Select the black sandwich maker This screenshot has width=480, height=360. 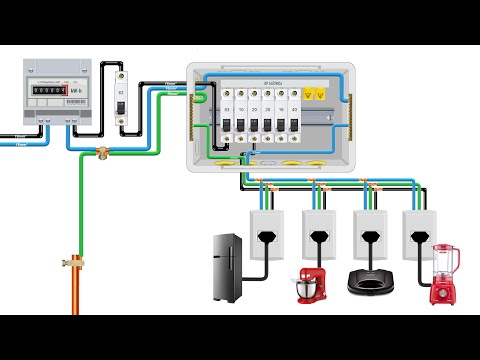point(364,283)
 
